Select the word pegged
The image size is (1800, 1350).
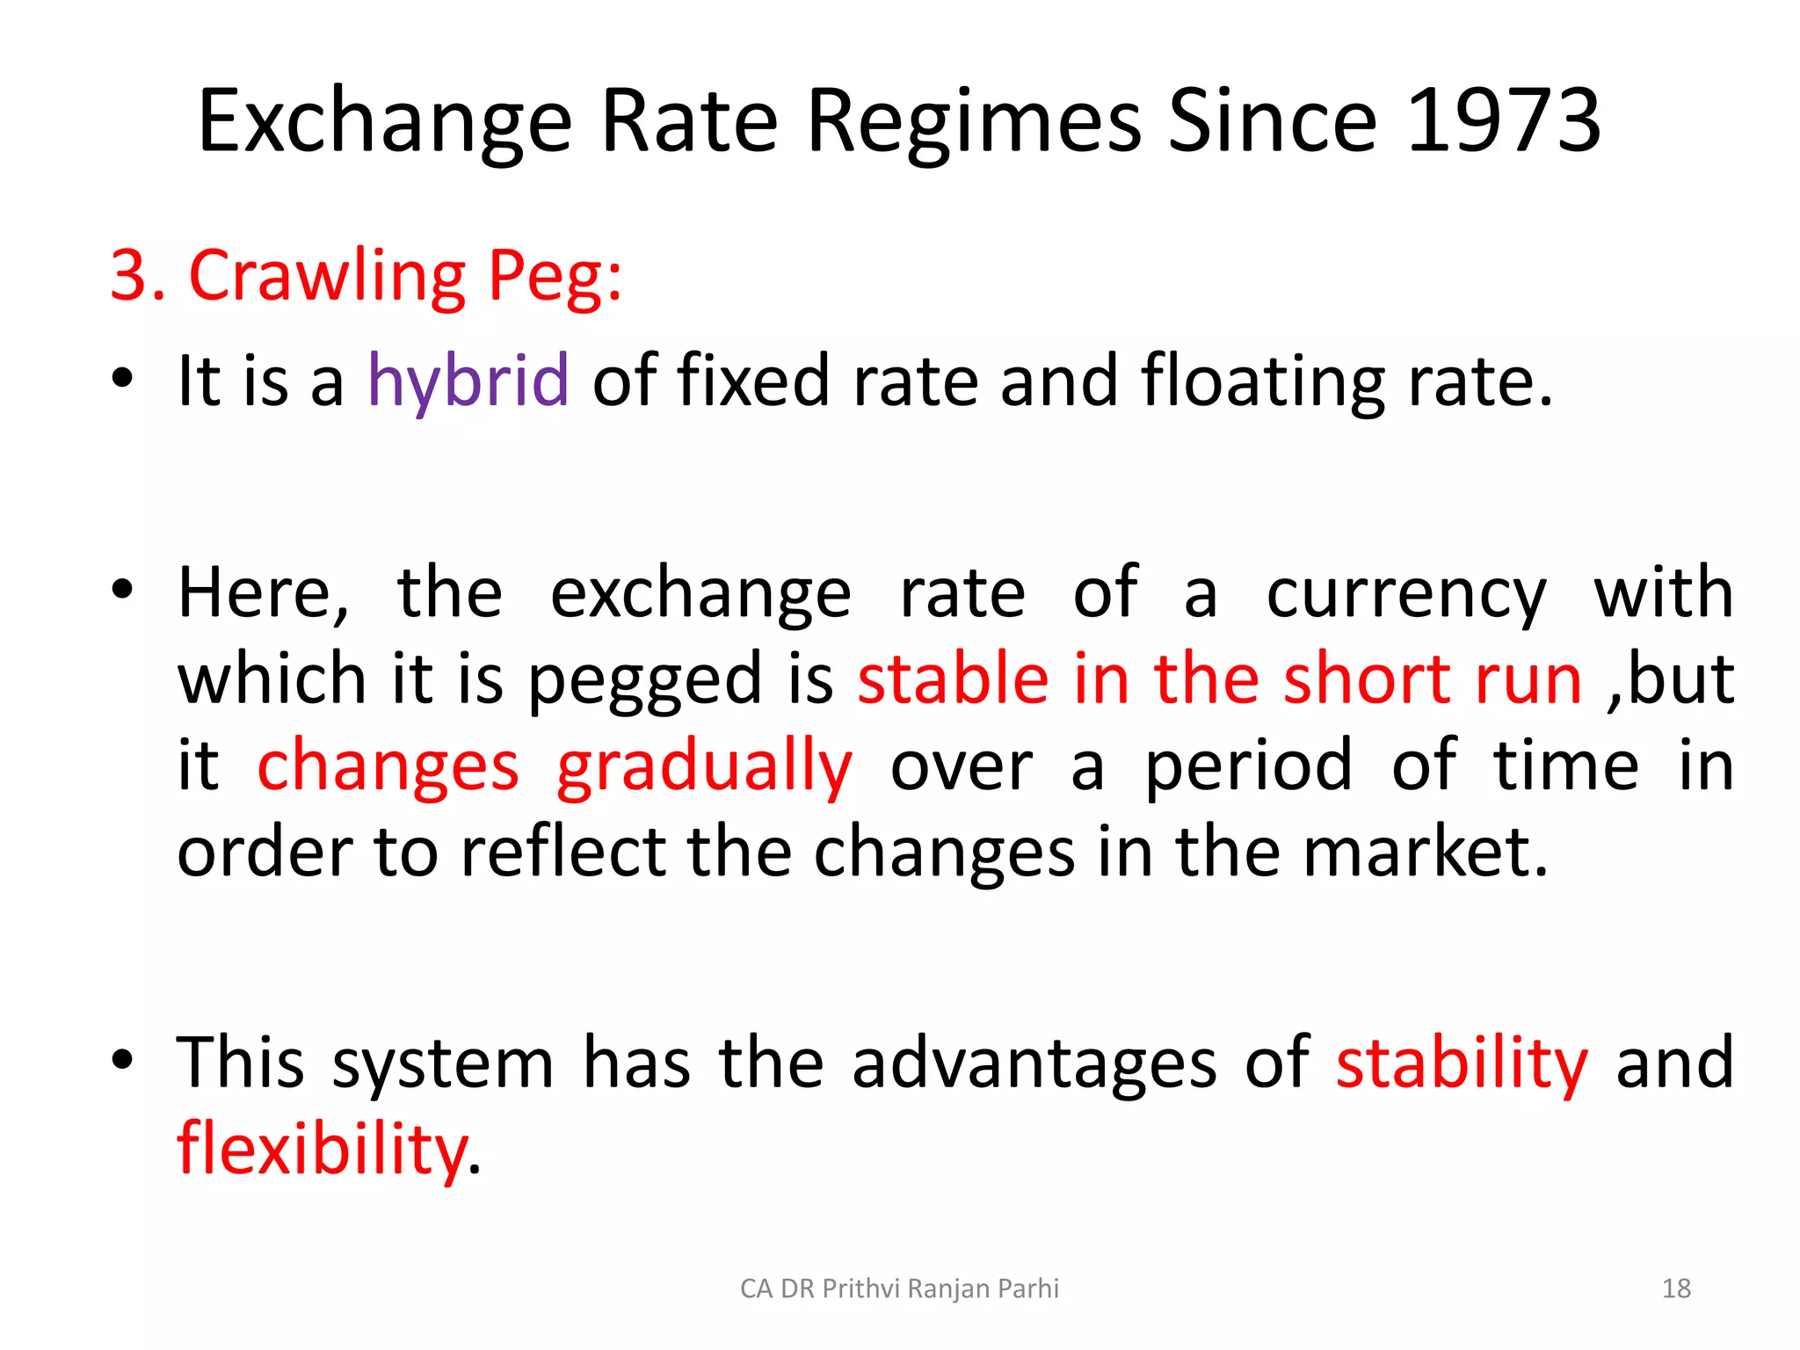645,681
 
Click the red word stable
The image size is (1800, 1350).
953,679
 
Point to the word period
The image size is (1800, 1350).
1248,766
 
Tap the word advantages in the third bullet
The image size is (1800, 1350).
1034,1063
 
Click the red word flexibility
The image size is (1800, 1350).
322,1150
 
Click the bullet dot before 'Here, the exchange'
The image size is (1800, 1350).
122,588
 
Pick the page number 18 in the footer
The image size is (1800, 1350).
1676,1288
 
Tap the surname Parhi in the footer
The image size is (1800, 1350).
1031,1288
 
